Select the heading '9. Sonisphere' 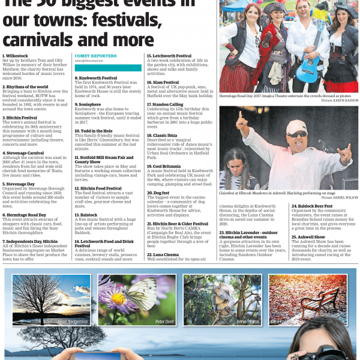[x=88, y=104]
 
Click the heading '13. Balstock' [x=86, y=214]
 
